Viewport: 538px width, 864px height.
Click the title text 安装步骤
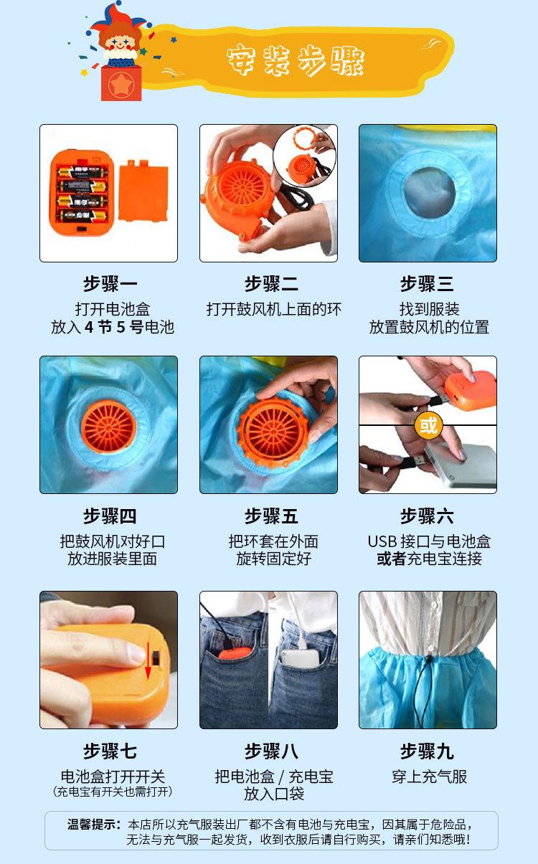[296, 60]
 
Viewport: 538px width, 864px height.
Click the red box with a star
[121, 83]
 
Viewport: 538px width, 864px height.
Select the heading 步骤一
[110, 284]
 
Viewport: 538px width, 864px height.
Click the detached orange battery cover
[143, 191]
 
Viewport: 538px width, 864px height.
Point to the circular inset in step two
[304, 156]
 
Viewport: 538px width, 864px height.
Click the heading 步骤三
[427, 284]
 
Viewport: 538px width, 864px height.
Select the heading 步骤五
[271, 516]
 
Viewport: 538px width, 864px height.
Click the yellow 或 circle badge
[428, 425]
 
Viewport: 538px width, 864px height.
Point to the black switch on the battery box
[156, 658]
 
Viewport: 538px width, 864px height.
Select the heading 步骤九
[427, 751]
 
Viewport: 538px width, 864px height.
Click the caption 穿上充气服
[429, 777]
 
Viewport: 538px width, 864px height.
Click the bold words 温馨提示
[91, 825]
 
